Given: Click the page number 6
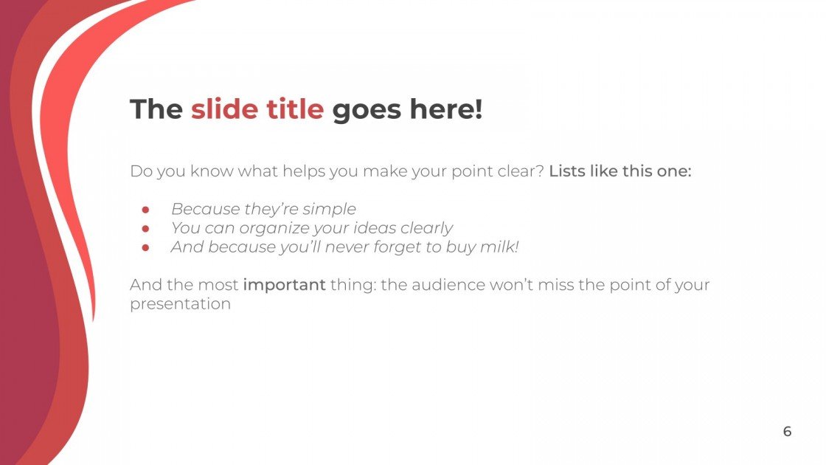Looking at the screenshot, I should coord(787,432).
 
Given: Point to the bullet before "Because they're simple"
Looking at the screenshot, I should coord(146,210).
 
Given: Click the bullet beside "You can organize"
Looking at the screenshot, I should coord(146,229).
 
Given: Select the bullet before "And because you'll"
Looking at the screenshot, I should coord(146,248).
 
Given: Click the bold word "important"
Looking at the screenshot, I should coord(284,285).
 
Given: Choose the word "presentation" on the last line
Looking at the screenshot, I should coord(180,304).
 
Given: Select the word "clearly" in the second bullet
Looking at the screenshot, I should coord(426,229).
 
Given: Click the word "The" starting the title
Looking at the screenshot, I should coord(156,110).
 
